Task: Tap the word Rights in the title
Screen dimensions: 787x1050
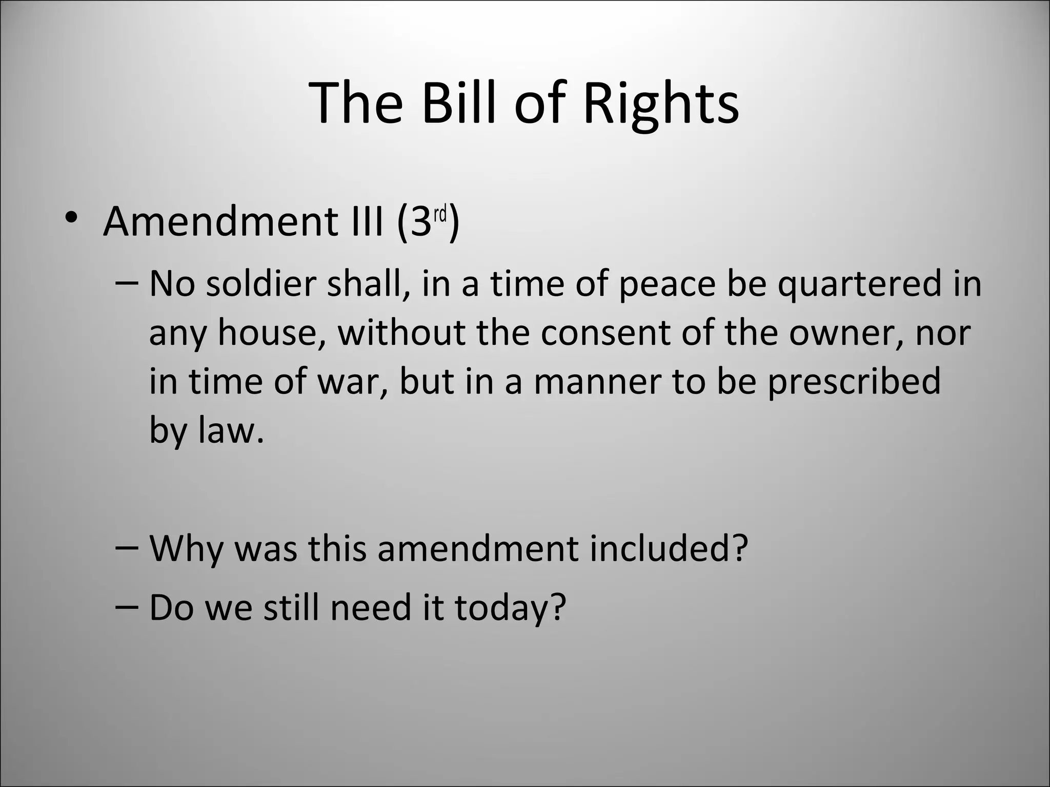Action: pyautogui.click(x=661, y=105)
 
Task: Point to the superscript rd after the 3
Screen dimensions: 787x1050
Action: pyautogui.click(x=440, y=215)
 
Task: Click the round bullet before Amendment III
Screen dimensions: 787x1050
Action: pyautogui.click(x=71, y=217)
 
